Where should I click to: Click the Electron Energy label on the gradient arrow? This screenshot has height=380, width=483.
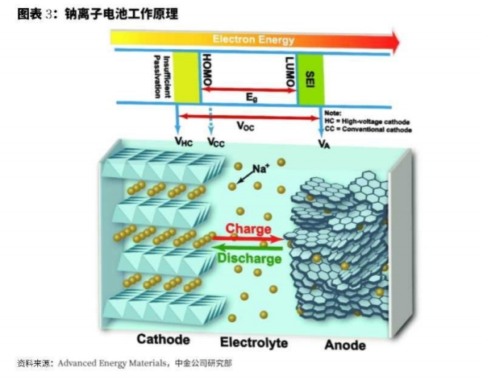[x=253, y=39]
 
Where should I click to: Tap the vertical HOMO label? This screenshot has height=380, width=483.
[x=206, y=70]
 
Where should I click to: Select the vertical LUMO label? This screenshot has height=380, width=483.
[x=289, y=72]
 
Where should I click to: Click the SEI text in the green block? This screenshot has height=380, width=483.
[x=310, y=80]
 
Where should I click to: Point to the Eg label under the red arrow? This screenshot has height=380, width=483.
[x=252, y=97]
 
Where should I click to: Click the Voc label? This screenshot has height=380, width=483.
[x=245, y=126]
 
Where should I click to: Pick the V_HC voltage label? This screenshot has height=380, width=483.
[x=183, y=142]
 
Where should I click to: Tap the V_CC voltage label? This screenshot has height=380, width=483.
[x=216, y=142]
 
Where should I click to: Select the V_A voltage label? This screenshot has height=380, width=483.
[x=323, y=143]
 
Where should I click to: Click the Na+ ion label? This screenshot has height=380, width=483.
[x=261, y=168]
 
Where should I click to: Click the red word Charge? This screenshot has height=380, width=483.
[x=248, y=229]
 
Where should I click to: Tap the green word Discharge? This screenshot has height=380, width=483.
[x=249, y=258]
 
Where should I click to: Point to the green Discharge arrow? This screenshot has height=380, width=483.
[x=247, y=247]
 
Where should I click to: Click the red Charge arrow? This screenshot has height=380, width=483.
[x=248, y=238]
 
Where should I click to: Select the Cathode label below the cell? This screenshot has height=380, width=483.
[x=163, y=339]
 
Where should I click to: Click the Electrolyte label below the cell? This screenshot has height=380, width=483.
[x=254, y=342]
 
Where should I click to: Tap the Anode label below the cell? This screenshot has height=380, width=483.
[x=345, y=345]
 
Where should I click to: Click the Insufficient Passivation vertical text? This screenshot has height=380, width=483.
[x=162, y=76]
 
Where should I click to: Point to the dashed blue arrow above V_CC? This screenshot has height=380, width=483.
[x=211, y=122]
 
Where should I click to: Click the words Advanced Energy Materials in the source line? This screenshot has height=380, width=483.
[x=112, y=363]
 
